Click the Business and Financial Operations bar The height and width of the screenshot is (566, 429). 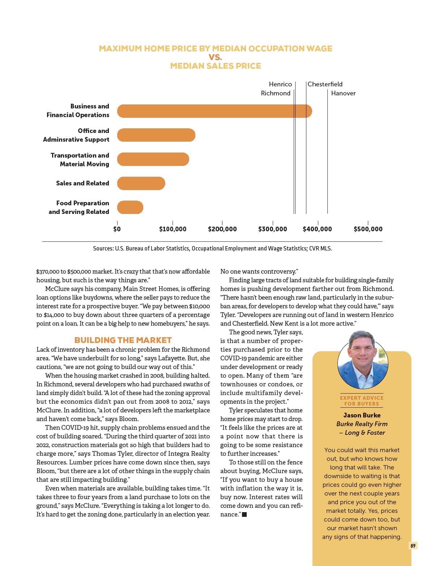tap(214, 111)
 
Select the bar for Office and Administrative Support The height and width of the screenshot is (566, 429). tap(156, 135)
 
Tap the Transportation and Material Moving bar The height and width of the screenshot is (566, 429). tap(153, 159)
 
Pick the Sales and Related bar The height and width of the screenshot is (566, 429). tap(141, 183)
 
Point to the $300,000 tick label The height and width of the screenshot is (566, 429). tap(272, 229)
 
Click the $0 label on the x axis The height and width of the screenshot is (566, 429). tap(117, 229)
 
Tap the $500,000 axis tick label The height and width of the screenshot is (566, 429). tap(368, 229)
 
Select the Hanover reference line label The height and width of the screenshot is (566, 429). tap(343, 93)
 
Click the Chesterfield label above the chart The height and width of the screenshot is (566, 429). tap(325, 84)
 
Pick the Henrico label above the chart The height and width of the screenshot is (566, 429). tap(280, 84)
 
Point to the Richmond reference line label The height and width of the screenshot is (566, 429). tap(276, 93)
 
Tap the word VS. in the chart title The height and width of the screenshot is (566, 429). tap(215, 57)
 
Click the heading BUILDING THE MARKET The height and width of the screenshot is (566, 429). tap(123, 340)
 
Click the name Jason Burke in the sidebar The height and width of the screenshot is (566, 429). tap(362, 415)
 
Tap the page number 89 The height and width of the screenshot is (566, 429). tap(413, 546)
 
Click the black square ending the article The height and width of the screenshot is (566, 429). tap(244, 514)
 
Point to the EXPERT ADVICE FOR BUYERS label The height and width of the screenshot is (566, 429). tap(362, 401)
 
